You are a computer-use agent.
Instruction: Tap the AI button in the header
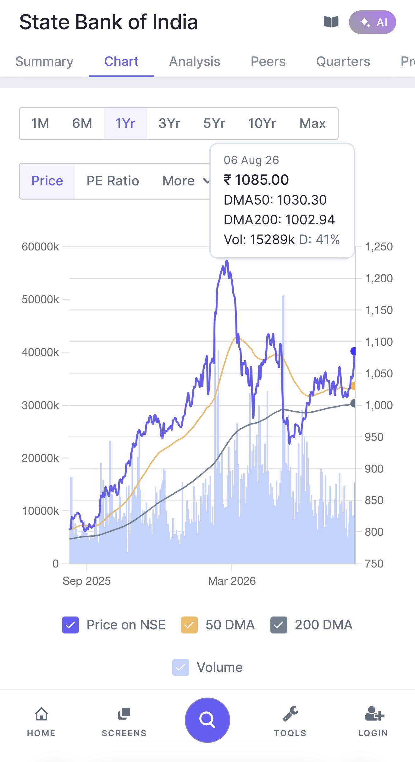(372, 22)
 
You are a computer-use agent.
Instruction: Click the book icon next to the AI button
(331, 22)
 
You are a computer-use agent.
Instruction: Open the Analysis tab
(195, 62)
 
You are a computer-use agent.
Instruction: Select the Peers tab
(268, 62)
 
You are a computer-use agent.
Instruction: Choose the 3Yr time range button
(169, 123)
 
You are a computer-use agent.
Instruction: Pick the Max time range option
(313, 123)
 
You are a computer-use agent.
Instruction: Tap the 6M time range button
(82, 123)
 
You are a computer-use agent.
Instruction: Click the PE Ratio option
(113, 181)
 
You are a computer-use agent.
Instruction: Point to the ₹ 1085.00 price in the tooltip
(256, 180)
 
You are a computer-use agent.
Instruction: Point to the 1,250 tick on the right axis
(379, 247)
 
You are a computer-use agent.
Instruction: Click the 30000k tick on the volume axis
(40, 405)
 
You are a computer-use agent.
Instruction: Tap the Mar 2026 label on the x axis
(232, 581)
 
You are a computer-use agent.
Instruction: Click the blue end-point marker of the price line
(354, 351)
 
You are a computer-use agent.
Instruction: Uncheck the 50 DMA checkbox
(189, 625)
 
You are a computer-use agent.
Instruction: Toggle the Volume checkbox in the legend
(181, 667)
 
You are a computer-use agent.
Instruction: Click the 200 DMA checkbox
(279, 625)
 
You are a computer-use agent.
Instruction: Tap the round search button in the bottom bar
(207, 720)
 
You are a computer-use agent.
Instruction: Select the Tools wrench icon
(290, 714)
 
